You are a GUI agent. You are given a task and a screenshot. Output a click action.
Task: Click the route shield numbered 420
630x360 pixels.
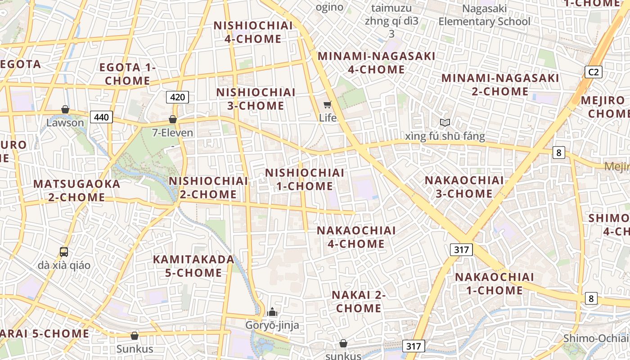coord(177,97)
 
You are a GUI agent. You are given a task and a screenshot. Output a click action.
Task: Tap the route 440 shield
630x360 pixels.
coord(101,117)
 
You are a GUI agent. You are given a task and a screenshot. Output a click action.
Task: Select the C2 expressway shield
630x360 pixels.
coord(594,72)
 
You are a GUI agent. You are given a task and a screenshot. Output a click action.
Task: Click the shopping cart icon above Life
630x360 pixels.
coord(327,105)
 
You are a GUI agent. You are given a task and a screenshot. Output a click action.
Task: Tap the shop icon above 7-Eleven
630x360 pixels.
coord(172,119)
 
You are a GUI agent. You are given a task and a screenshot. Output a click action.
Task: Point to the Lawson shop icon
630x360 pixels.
coord(65,109)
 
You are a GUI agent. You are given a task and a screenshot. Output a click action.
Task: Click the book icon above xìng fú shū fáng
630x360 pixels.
coord(445,122)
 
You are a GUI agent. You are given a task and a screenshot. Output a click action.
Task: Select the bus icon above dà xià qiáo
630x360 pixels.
coord(64,252)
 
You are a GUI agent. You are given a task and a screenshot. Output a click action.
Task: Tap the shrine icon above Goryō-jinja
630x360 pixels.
coord(272,311)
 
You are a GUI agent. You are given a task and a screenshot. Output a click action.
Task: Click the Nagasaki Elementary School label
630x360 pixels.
coord(484,15)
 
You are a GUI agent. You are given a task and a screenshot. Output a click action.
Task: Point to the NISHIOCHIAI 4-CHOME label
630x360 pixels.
coord(253,32)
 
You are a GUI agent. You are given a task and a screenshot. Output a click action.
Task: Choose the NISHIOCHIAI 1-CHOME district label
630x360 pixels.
coord(305,179)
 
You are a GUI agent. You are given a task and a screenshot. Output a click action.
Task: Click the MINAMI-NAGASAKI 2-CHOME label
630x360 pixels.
coord(500,85)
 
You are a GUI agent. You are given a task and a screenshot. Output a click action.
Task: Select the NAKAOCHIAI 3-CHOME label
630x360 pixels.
coord(464,187)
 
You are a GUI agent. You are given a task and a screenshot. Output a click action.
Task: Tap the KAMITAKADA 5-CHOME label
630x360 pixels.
coord(193,266)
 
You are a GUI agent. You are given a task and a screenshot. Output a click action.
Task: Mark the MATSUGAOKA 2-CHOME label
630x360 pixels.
coord(76,190)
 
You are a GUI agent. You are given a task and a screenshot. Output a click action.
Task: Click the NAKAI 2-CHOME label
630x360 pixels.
coord(359,301)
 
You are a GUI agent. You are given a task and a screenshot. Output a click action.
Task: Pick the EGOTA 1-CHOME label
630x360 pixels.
coord(127,74)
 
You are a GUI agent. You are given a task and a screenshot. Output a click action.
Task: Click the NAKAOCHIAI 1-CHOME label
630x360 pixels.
coord(495,283)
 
